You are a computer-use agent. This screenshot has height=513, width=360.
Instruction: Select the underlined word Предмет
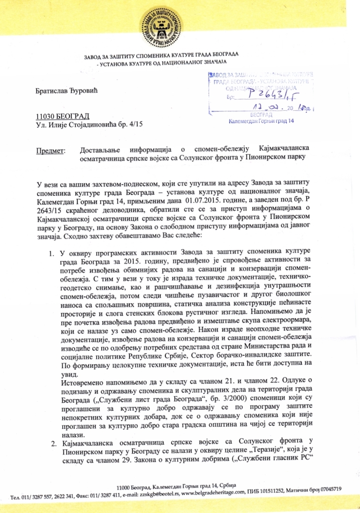[51, 149]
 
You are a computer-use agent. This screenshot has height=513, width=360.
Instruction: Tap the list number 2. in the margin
[53, 443]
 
